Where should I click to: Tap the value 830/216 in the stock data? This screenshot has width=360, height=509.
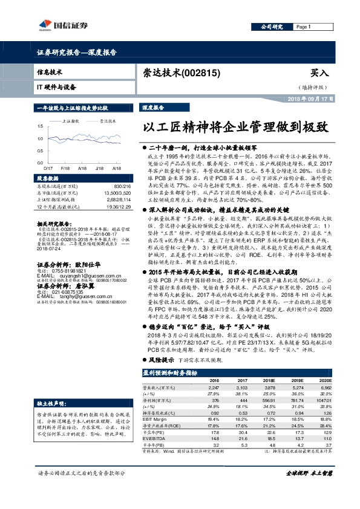tap(122, 186)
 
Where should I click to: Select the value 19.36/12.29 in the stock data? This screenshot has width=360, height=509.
tap(119, 207)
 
